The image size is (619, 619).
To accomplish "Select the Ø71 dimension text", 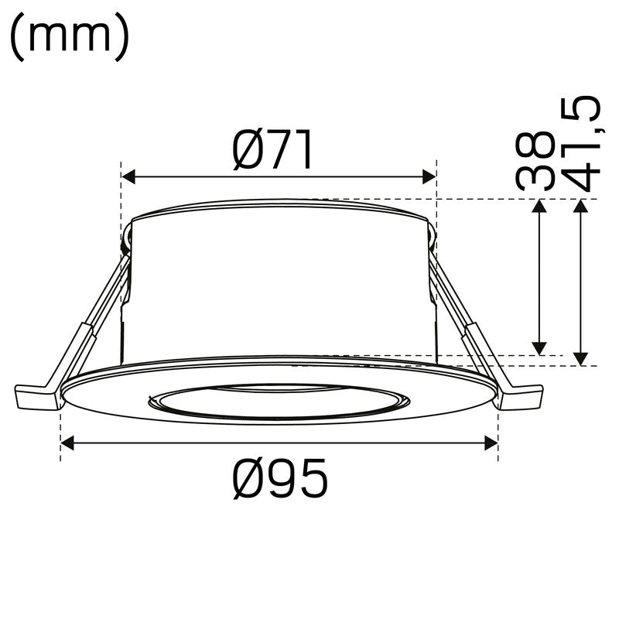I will [273, 150].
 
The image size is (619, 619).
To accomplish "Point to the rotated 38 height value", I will [535, 161].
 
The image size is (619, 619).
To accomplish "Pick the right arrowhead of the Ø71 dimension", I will [429, 178].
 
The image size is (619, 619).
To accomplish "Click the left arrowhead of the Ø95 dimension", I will [67, 443].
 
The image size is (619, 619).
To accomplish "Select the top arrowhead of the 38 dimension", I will [540, 205].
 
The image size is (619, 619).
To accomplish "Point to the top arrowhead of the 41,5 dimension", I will [580, 205].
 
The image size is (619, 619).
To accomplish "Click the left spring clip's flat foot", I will [36, 397].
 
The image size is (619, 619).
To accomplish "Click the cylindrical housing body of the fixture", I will [279, 286].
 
